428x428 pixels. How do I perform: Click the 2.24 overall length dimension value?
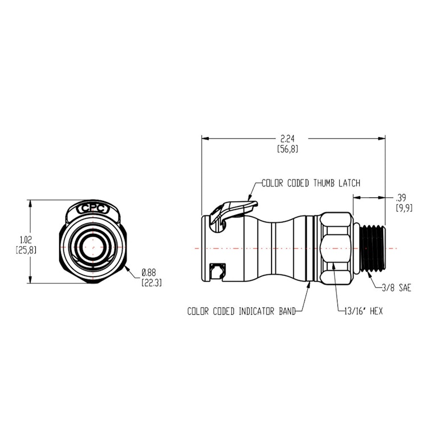tap(287, 138)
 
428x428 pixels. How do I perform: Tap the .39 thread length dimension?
tap(400, 197)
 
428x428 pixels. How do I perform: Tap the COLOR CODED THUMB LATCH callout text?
tap(311, 183)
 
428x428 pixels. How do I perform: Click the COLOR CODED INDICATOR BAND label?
tap(241, 311)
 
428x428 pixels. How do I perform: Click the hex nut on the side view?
tap(336, 248)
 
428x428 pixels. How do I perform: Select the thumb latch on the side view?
tap(231, 210)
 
